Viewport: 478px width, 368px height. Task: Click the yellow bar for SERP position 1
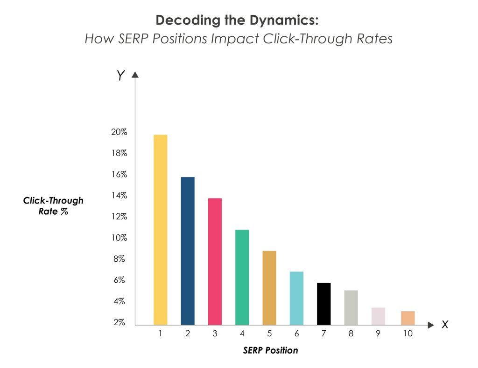point(160,230)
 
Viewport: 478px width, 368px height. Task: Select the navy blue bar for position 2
point(187,251)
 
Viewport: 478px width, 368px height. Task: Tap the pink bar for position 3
point(215,261)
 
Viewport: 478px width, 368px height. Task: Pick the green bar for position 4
point(242,277)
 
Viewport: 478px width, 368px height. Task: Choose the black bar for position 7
point(323,304)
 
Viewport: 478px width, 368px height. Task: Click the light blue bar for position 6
point(296,298)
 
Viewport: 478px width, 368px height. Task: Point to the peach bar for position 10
point(408,318)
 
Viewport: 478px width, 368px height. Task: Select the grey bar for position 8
point(351,307)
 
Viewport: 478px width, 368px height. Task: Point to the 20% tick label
point(119,132)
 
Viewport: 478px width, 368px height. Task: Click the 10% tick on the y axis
point(119,238)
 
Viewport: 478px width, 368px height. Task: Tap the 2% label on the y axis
point(119,322)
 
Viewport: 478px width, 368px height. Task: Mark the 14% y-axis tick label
point(119,196)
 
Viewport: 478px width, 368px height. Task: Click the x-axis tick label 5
point(269,334)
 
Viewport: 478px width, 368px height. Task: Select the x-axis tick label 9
point(378,334)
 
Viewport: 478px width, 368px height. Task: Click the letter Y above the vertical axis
point(121,76)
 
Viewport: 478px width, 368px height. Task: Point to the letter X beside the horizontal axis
point(445,325)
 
